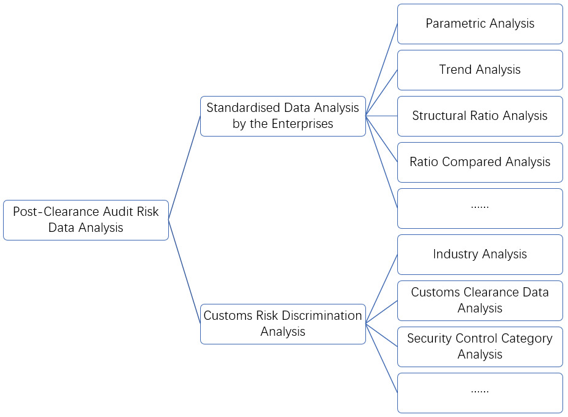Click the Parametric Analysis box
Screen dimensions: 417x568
click(x=480, y=24)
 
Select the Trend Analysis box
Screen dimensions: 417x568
click(x=480, y=70)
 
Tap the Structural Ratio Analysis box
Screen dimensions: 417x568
click(x=480, y=116)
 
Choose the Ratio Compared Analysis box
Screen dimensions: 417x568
click(x=480, y=162)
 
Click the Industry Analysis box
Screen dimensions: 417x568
click(x=480, y=255)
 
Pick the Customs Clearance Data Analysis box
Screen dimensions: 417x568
click(x=480, y=300)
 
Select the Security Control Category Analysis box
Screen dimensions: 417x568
click(x=480, y=346)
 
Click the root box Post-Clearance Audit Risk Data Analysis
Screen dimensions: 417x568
click(x=85, y=220)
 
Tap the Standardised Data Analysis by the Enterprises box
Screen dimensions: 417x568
click(x=282, y=116)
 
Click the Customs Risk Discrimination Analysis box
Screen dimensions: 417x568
click(x=282, y=324)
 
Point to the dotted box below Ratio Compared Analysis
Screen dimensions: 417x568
click(x=480, y=208)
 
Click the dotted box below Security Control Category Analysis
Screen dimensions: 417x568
click(x=480, y=392)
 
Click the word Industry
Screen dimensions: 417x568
click(x=455, y=255)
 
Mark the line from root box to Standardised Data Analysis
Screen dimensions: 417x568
click(x=184, y=168)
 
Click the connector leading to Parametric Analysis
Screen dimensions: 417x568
click(x=381, y=69)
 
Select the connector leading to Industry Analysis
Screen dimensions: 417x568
click(x=381, y=288)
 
